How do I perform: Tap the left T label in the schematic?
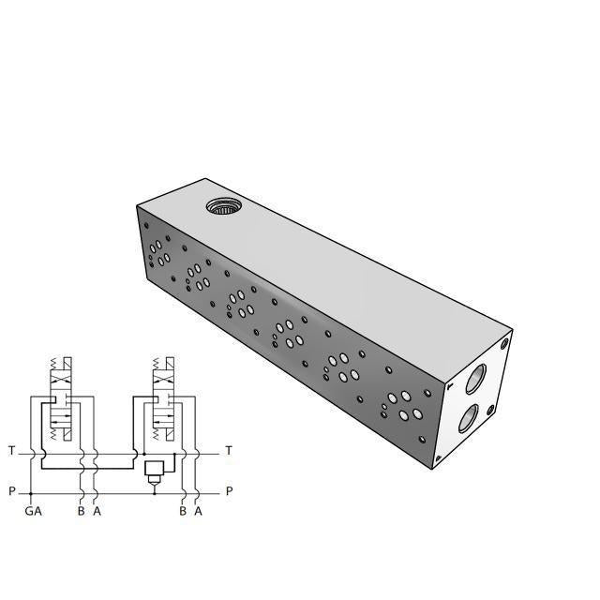pos(11,452)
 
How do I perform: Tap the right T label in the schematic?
pos(229,452)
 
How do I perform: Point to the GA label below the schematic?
pos(33,512)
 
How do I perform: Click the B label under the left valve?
pos(82,512)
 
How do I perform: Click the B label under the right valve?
pos(182,512)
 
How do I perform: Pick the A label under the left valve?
pos(97,512)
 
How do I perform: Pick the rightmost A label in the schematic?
pos(198,512)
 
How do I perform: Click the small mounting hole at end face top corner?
pos(504,342)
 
